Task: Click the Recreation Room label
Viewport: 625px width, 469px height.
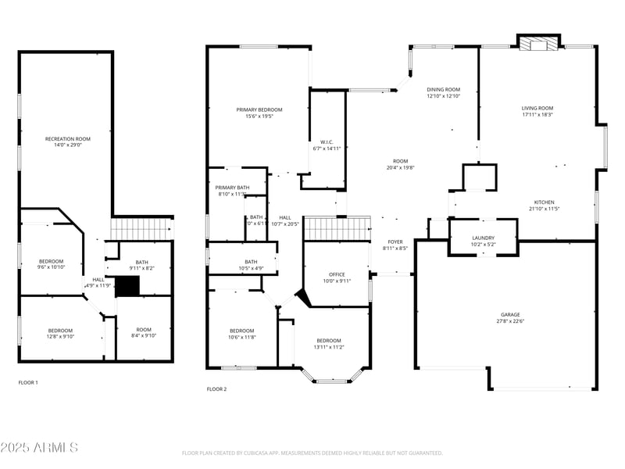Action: tap(67, 138)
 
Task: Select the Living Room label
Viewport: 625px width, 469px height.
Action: tap(537, 108)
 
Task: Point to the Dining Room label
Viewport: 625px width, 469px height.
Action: tap(443, 89)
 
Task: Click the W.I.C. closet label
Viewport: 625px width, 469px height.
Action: tap(327, 141)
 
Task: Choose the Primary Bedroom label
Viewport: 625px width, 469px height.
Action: tap(259, 109)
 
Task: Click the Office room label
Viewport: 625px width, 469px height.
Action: tap(337, 274)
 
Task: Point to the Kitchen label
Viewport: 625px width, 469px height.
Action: tap(545, 202)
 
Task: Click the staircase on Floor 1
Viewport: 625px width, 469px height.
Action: tap(141, 229)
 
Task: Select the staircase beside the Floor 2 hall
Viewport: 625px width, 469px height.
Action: tap(337, 229)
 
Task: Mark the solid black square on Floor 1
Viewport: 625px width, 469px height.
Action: tap(127, 286)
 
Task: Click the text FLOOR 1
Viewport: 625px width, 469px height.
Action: tap(28, 383)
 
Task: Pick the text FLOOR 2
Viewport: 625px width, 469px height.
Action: tap(216, 388)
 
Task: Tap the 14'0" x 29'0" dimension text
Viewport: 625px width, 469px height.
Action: tap(67, 145)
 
